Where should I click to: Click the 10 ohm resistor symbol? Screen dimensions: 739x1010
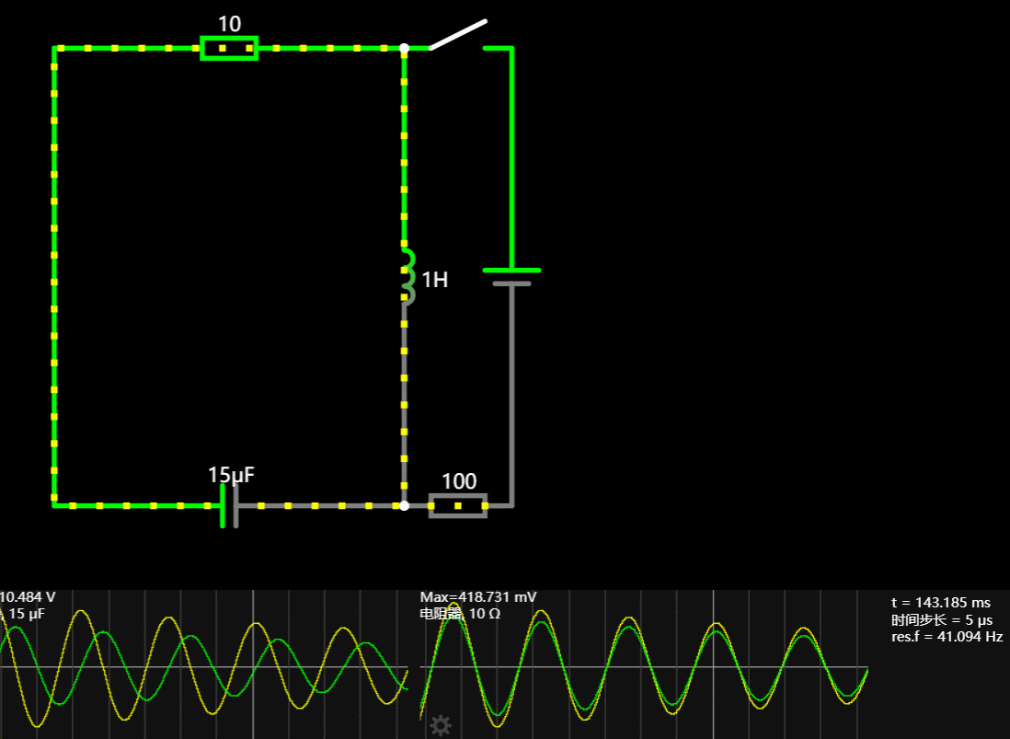click(229, 48)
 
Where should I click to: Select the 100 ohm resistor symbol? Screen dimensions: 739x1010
click(458, 505)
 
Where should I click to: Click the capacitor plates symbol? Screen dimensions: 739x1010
click(229, 505)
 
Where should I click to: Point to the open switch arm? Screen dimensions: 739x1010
click(458, 33)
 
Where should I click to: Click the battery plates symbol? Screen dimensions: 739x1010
click(511, 277)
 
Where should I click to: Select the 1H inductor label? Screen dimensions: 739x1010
click(435, 280)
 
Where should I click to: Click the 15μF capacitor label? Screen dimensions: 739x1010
click(231, 475)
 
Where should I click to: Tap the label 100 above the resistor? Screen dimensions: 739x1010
click(459, 481)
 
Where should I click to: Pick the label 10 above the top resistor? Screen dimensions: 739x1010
click(229, 24)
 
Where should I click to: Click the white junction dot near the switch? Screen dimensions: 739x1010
click(404, 48)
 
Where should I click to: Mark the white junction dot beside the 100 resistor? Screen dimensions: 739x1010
click(404, 505)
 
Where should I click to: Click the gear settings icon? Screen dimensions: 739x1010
click(441, 725)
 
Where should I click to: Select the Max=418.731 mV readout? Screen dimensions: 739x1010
click(478, 597)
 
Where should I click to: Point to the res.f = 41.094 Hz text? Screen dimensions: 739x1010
click(947, 636)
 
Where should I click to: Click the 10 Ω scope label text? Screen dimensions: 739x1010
click(460, 613)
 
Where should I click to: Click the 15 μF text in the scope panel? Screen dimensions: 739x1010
click(27, 613)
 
